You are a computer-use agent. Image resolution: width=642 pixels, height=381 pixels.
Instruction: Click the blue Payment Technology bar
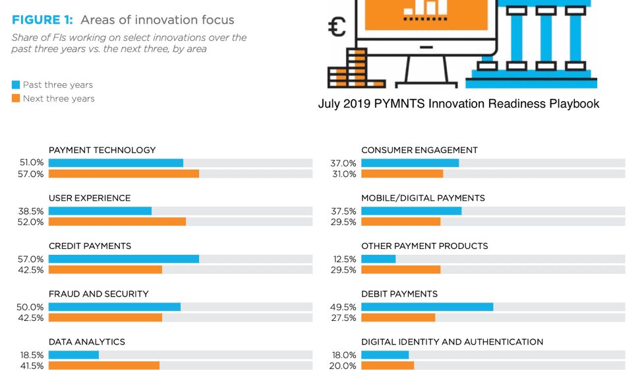tap(116, 163)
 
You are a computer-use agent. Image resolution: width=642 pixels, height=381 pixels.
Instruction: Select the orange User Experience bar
tap(117, 222)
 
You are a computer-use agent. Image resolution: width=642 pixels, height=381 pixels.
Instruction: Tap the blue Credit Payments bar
tap(124, 259)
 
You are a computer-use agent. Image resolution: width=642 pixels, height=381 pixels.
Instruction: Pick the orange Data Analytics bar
tap(104, 365)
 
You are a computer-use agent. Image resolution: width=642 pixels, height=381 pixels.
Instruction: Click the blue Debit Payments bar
tap(427, 307)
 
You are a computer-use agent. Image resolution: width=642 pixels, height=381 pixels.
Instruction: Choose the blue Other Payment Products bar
tap(378, 259)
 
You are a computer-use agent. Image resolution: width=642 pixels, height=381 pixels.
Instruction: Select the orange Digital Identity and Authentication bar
tap(388, 365)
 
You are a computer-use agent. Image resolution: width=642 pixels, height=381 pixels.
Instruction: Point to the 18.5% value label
tap(32, 355)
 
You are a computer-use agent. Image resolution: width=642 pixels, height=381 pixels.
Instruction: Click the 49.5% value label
tap(343, 307)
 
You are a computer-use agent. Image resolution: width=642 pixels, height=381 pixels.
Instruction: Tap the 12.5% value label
tap(344, 260)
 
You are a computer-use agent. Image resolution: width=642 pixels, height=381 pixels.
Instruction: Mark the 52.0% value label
tap(30, 222)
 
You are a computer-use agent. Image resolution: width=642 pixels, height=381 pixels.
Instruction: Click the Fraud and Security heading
tap(99, 294)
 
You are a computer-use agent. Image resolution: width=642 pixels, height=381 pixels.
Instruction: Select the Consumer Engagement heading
tap(419, 150)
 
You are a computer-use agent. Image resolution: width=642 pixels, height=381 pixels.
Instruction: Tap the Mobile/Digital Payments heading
tap(423, 198)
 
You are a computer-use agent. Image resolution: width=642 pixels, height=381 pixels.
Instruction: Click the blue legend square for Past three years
tap(16, 85)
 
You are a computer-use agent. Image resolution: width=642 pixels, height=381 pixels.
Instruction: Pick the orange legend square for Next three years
tap(16, 98)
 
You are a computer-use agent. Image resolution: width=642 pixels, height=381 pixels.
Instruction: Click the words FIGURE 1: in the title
tap(42, 20)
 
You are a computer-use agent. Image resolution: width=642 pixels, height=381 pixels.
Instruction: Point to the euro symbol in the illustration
tap(337, 27)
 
